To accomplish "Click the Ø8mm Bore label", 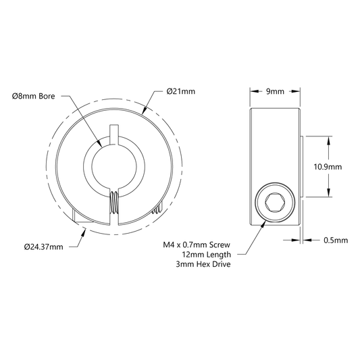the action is point(34,96).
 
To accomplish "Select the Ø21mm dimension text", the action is point(181,91).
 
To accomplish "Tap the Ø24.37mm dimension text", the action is point(44,247).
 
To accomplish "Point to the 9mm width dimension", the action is point(275,91).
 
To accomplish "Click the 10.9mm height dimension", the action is point(328,167).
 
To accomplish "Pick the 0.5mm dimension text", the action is point(336,240).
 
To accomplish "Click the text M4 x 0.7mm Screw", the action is point(197,245).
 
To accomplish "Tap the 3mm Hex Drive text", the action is point(203,264).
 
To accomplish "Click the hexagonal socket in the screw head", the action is point(275,202).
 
